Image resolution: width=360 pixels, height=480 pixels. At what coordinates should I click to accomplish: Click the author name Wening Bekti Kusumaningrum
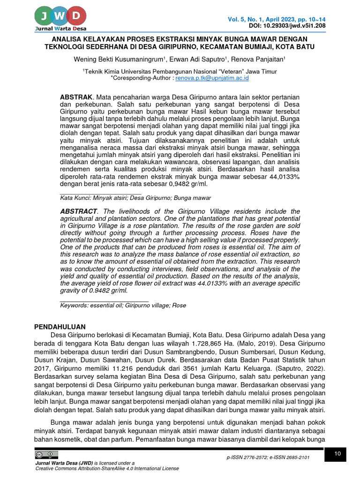118,60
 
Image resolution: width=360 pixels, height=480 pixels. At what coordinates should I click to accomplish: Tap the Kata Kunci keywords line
135,198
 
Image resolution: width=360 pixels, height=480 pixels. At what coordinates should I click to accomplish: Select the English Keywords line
123,305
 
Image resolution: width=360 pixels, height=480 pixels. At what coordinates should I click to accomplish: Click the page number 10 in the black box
338,454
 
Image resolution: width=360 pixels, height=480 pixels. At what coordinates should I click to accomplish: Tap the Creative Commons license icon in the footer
46,455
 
